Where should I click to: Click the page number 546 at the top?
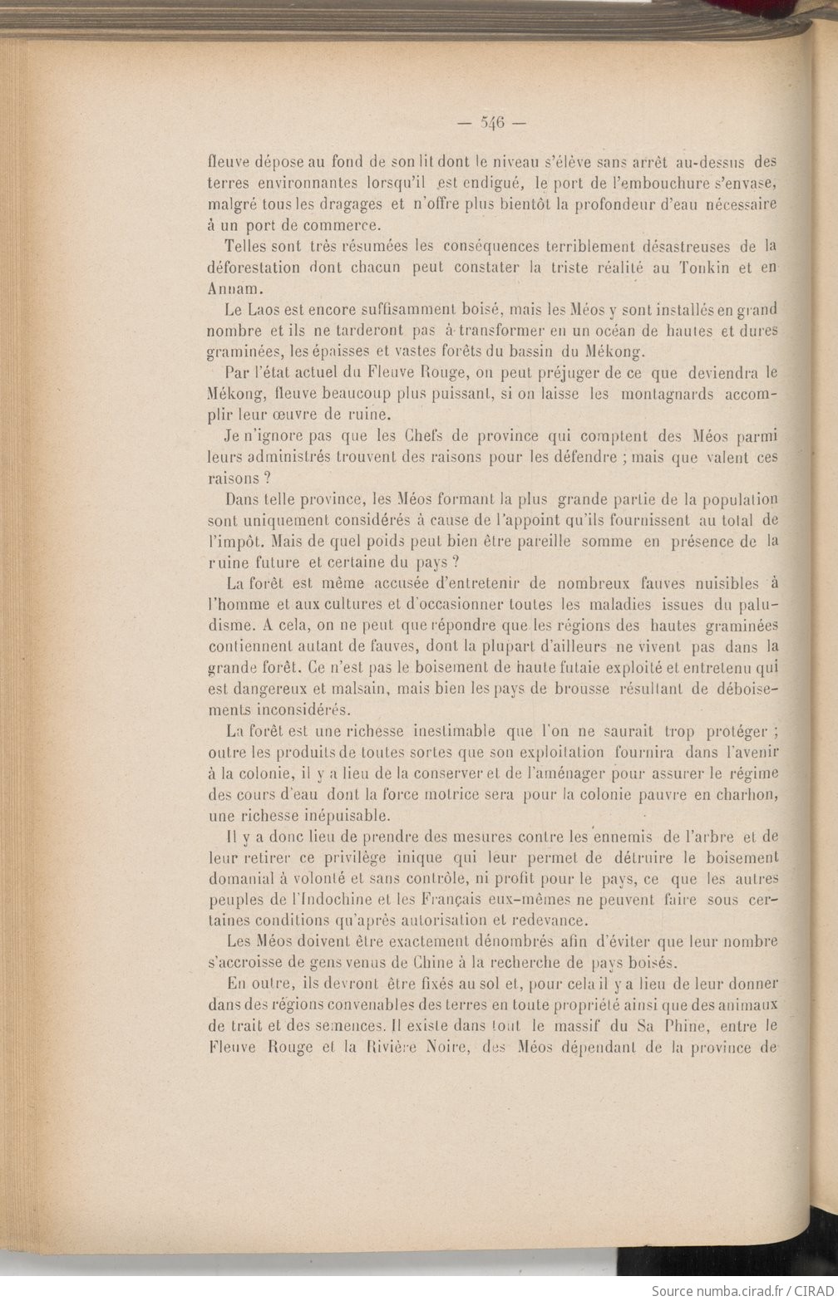point(492,123)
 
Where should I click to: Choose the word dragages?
point(339,204)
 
